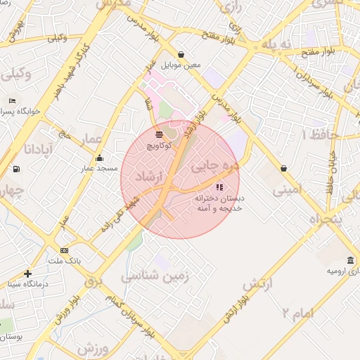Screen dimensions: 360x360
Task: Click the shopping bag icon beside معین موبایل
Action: pyautogui.click(x=181, y=54)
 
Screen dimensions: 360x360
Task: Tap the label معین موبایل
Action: pyautogui.click(x=181, y=65)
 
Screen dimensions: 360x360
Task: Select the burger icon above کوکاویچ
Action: pyautogui.click(x=160, y=134)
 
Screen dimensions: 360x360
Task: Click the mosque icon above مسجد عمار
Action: pyautogui.click(x=99, y=157)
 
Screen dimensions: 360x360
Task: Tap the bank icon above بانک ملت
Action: pyautogui.click(x=65, y=250)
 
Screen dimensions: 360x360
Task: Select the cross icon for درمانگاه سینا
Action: pyautogui.click(x=27, y=274)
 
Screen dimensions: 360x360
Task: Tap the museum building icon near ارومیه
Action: pyautogui.click(x=351, y=260)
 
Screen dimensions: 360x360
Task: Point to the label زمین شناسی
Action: pyautogui.click(x=155, y=276)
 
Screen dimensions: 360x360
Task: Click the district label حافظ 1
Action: pyautogui.click(x=320, y=134)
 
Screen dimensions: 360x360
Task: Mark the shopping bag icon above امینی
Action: pyautogui.click(x=283, y=168)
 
